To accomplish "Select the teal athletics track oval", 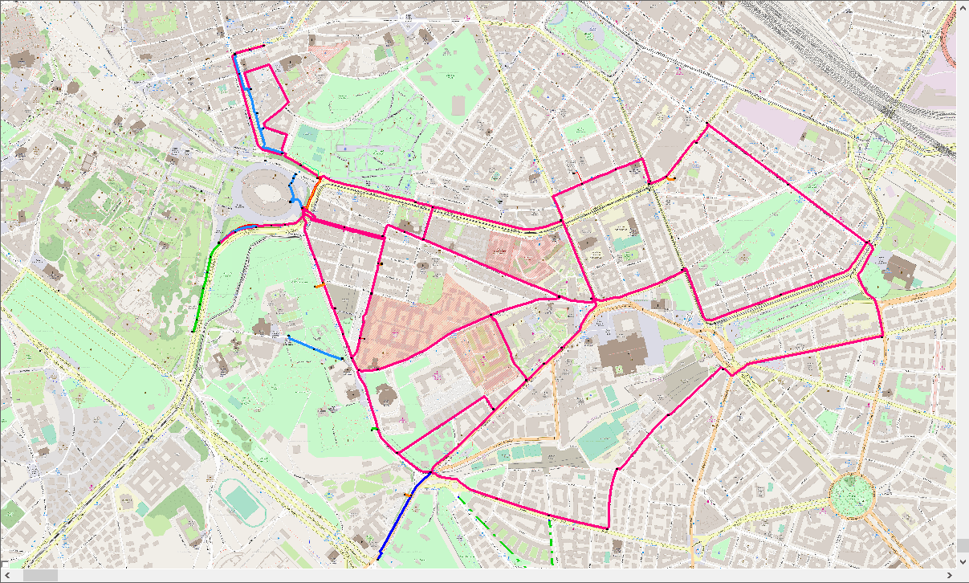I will [x=240, y=500].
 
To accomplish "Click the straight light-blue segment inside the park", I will [x=315, y=348].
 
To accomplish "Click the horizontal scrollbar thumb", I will [x=40, y=576].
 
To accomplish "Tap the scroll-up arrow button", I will [x=963, y=6].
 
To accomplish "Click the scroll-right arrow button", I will [x=951, y=576].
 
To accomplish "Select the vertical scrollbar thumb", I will [x=963, y=545].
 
